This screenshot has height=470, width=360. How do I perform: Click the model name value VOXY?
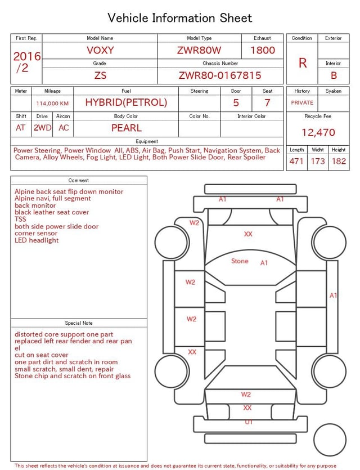[100, 50]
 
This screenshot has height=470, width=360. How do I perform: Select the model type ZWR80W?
[199, 50]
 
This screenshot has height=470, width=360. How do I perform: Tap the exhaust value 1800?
[263, 50]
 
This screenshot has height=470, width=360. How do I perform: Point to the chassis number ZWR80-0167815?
[220, 75]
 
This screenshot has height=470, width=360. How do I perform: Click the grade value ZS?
[100, 75]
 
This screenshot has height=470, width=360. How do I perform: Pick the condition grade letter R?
[303, 63]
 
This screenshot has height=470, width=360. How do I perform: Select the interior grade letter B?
[334, 75]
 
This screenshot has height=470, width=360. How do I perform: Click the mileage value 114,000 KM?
[52, 104]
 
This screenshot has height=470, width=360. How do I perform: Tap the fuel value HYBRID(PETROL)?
[126, 102]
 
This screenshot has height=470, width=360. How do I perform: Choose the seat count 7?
[267, 102]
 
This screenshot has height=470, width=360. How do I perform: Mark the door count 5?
[236, 102]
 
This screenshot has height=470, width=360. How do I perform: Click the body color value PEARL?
[126, 128]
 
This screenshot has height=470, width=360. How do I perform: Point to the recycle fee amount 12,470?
[318, 133]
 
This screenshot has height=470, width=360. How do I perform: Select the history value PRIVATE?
[302, 102]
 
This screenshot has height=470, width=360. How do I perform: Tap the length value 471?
[296, 162]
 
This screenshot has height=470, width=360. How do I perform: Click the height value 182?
[339, 162]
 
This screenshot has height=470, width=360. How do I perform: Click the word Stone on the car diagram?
[240, 261]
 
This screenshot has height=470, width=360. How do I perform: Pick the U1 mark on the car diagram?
[249, 422]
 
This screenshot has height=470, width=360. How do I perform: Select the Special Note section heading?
[79, 323]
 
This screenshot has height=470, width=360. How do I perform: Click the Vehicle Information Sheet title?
[180, 18]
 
